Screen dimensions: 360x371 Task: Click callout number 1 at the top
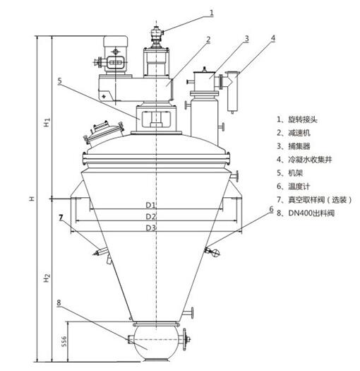click(x=212, y=13)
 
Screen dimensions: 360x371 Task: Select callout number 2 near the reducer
click(x=208, y=40)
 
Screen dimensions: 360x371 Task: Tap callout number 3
click(x=246, y=39)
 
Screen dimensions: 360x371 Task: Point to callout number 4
click(x=273, y=38)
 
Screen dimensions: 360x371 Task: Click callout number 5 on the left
click(x=59, y=81)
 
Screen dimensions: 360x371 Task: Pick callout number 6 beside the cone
click(x=271, y=209)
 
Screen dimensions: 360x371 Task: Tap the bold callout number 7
click(x=61, y=218)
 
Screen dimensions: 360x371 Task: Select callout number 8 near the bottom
click(x=59, y=302)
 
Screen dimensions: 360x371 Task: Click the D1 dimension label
click(x=150, y=205)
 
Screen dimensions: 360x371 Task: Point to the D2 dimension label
click(x=151, y=216)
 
